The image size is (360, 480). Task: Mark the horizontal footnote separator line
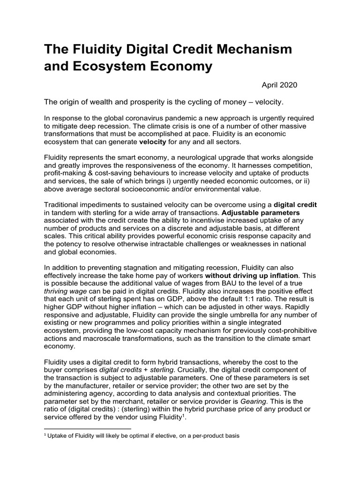(87, 428)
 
